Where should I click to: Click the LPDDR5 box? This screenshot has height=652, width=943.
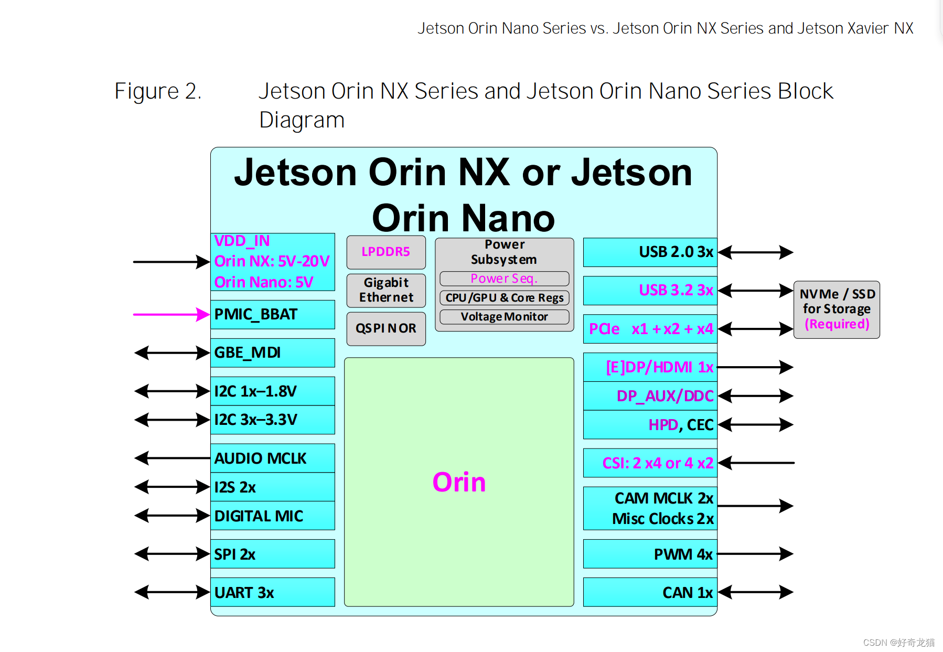385,252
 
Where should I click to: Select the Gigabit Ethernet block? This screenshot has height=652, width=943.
385,290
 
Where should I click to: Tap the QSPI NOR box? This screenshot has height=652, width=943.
385,329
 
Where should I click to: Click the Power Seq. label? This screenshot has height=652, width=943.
504,279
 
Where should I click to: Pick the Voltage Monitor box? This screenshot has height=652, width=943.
504,317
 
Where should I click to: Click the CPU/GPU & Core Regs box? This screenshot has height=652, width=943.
504,298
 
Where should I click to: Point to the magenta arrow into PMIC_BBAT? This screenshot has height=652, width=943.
171,314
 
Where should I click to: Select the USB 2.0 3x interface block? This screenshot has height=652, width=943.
650,252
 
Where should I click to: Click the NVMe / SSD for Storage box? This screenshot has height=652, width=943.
837,309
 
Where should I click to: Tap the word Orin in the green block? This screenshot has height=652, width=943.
459,482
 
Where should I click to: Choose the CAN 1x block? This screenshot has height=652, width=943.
650,592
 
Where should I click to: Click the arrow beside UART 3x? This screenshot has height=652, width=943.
172,592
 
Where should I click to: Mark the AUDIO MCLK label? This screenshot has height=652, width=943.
260,458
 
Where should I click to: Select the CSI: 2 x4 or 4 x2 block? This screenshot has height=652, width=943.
650,463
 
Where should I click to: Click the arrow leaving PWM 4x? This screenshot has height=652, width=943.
755,554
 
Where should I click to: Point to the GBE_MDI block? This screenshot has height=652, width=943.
272,352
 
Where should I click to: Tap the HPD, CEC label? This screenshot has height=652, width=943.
681,425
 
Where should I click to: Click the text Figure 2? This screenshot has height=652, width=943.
158,91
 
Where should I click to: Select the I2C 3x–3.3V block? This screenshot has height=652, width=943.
272,420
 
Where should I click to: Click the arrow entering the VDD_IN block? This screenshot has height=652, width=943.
171,262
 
